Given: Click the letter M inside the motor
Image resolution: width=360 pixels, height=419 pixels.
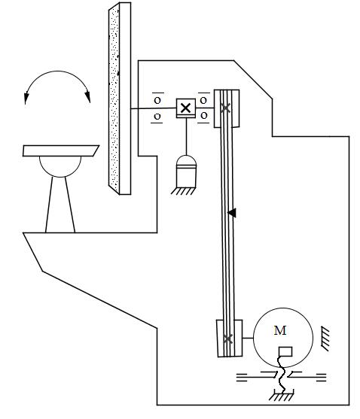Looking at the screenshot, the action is pyautogui.click(x=280, y=330).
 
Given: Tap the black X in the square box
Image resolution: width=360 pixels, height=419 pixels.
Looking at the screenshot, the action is pyautogui.click(x=185, y=108).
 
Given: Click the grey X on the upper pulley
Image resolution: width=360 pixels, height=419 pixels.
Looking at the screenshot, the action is pyautogui.click(x=225, y=108).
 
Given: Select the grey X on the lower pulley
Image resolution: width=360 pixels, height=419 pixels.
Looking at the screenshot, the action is pyautogui.click(x=227, y=339).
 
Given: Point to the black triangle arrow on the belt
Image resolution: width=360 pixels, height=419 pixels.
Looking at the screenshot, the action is pyautogui.click(x=232, y=213).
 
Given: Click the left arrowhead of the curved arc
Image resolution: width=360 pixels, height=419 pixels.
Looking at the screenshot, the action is pyautogui.click(x=26, y=98).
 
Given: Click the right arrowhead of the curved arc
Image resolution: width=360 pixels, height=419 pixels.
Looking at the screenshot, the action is pyautogui.click(x=87, y=97).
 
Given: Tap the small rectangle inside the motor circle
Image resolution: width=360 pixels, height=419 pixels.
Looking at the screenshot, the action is pyautogui.click(x=285, y=351).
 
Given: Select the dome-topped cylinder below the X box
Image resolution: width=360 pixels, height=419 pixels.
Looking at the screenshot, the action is pyautogui.click(x=186, y=171).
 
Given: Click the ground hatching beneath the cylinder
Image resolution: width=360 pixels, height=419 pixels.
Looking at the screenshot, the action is pyautogui.click(x=184, y=191).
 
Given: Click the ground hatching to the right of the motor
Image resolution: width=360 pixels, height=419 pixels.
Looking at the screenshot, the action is pyautogui.click(x=325, y=339).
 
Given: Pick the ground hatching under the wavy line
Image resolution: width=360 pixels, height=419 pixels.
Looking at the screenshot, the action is pyautogui.click(x=281, y=396).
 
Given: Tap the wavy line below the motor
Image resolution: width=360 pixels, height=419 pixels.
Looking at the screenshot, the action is pyautogui.click(x=282, y=374).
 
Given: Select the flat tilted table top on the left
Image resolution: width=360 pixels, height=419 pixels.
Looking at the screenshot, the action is pyautogui.click(x=61, y=150).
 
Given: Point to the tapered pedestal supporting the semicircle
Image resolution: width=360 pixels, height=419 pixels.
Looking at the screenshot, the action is pyautogui.click(x=60, y=205).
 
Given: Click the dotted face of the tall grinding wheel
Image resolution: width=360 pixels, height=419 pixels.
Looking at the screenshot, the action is pyautogui.click(x=114, y=99).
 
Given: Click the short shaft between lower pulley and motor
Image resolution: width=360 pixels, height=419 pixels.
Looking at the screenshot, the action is pyautogui.click(x=248, y=338).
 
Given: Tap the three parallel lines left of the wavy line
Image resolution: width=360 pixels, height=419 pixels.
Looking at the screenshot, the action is pyautogui.click(x=242, y=378).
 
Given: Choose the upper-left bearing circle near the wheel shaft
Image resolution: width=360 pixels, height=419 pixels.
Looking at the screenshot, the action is pyautogui.click(x=157, y=101).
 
